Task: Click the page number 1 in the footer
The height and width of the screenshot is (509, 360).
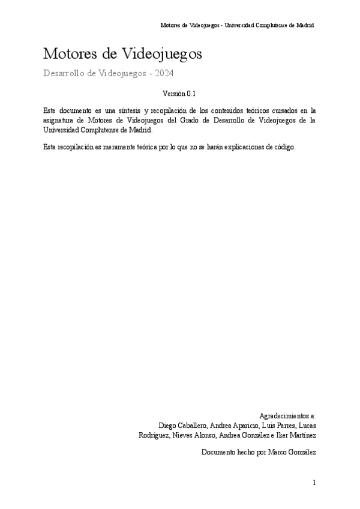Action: pyautogui.click(x=314, y=483)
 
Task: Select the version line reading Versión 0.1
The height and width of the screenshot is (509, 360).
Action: pyautogui.click(x=179, y=94)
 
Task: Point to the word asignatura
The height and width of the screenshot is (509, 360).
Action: pyautogui.click(x=60, y=120)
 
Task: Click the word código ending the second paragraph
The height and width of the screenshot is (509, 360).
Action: pyautogui.click(x=283, y=148)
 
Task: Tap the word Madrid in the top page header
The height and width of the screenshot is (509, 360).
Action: pyautogui.click(x=305, y=26)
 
